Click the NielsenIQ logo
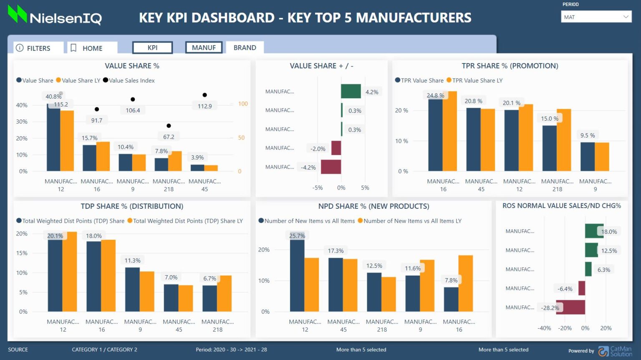55,15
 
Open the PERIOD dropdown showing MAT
596,17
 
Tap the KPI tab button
152,48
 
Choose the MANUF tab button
204,48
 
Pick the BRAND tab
245,48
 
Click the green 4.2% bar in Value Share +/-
351,91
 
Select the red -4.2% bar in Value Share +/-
331,167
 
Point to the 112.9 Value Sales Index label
204,106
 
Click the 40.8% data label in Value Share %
53,96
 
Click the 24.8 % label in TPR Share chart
435,96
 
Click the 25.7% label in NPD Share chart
297,236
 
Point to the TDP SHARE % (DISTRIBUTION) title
132,206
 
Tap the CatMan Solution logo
615,351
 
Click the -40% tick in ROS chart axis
544,328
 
